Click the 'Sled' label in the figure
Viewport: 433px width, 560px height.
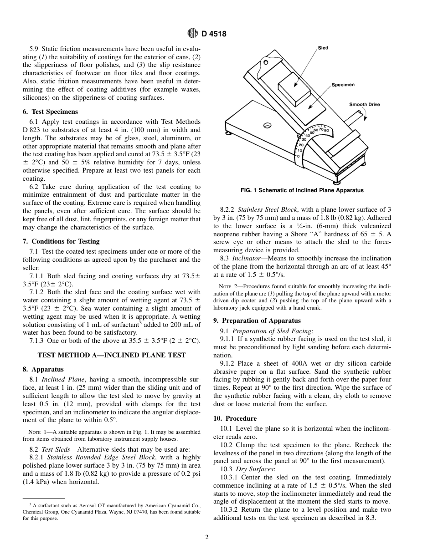[x=323, y=48]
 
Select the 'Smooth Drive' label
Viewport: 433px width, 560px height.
[x=364, y=105]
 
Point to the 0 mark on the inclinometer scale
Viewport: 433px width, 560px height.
[x=298, y=156]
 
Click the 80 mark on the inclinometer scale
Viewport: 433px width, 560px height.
[x=326, y=130]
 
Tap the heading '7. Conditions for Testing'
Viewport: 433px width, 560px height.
[x=61, y=241]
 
